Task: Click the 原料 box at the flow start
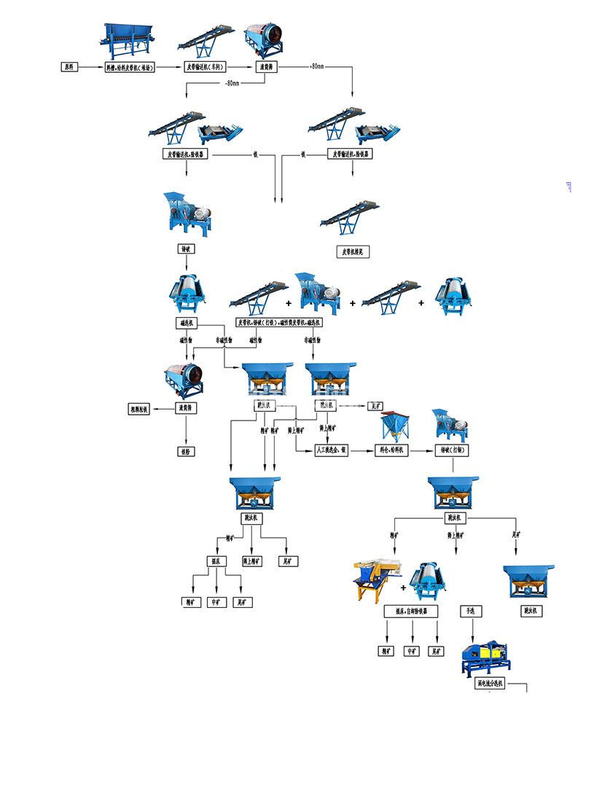[x=69, y=67]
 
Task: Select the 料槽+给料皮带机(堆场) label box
[x=131, y=67]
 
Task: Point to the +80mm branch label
[x=316, y=67]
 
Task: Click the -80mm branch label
[x=232, y=83]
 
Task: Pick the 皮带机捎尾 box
[x=353, y=251]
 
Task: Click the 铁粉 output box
[x=186, y=451]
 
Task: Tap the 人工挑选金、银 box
[x=331, y=450]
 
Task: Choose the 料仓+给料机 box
[x=392, y=450]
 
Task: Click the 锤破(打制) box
[x=451, y=450]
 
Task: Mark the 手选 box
[x=470, y=611]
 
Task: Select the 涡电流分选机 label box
[x=488, y=684]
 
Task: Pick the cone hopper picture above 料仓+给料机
[x=394, y=427]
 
